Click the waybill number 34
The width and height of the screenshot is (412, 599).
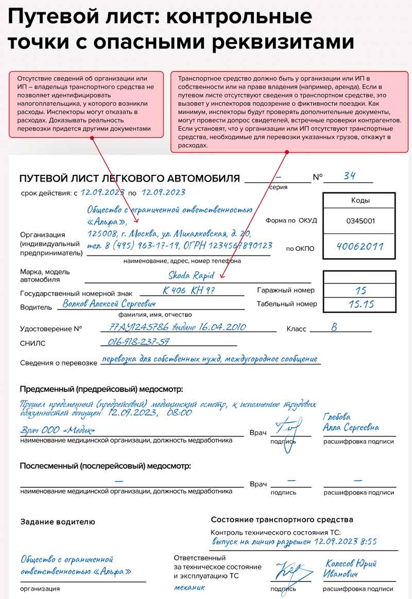click(350, 176)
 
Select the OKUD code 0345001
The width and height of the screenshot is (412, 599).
click(360, 221)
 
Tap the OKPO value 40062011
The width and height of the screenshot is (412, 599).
click(360, 246)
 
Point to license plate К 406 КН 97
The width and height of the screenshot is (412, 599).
click(190, 291)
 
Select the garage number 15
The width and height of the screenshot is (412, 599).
click(360, 291)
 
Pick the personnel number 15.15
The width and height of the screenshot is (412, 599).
click(360, 304)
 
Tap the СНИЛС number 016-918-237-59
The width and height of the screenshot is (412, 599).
click(138, 341)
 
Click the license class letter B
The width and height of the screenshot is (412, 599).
click(334, 327)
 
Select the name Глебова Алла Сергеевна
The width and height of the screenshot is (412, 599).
click(351, 423)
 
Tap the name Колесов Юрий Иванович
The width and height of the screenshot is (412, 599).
click(351, 568)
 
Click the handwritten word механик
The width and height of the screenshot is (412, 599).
click(189, 587)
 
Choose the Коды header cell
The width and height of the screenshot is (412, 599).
click(360, 201)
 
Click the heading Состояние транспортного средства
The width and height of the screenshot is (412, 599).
click(282, 519)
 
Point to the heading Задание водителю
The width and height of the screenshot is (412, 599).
click(58, 521)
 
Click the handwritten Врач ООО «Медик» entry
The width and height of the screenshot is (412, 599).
click(58, 430)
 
